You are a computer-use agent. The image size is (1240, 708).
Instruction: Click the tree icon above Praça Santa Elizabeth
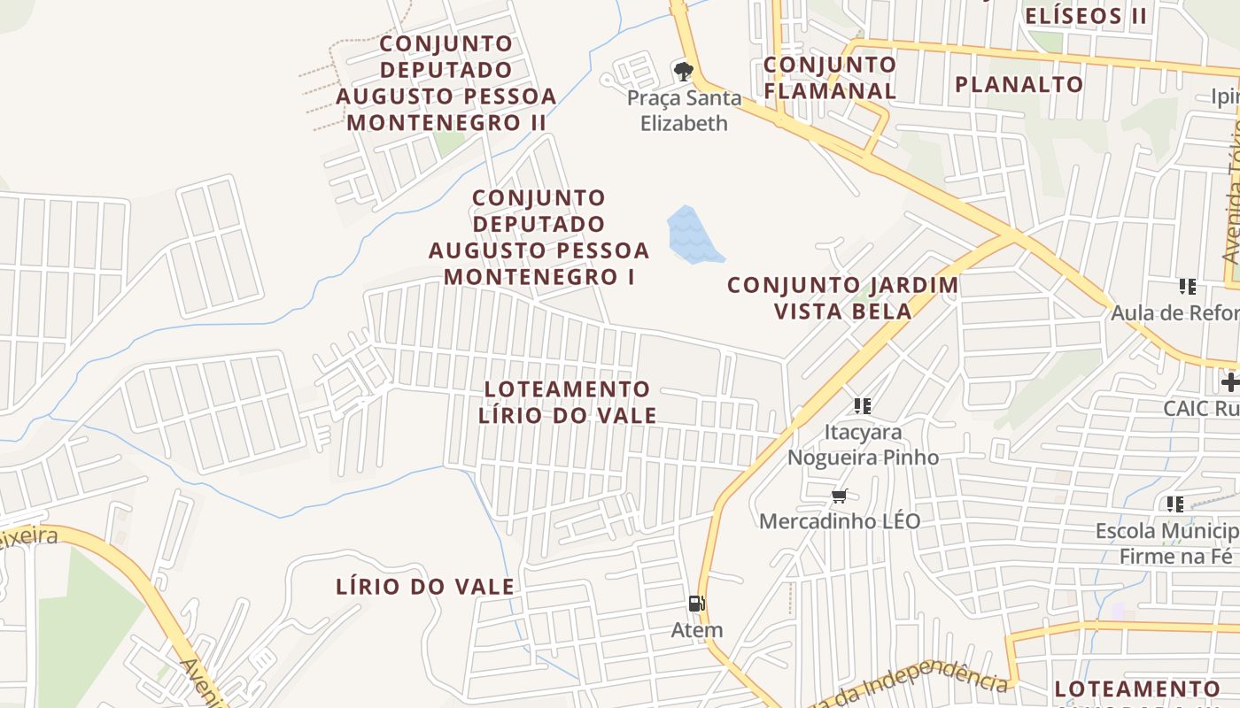(x=683, y=71)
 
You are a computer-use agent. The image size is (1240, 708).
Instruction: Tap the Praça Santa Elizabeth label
(x=684, y=111)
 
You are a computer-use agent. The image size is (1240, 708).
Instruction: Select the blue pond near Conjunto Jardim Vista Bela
(x=693, y=235)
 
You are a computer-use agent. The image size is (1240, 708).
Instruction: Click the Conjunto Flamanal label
(x=830, y=77)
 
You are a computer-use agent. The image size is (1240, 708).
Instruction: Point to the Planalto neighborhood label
(x=1019, y=84)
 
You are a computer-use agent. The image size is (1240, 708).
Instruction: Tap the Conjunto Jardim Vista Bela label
(x=842, y=298)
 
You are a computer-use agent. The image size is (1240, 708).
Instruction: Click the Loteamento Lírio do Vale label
(x=568, y=402)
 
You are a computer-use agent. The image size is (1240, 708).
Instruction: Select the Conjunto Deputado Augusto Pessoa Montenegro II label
(x=446, y=83)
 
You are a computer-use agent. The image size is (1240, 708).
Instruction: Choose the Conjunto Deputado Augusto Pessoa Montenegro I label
(x=539, y=237)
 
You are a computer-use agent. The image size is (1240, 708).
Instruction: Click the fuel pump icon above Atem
(x=697, y=604)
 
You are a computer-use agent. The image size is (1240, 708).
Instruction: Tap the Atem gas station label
(x=697, y=630)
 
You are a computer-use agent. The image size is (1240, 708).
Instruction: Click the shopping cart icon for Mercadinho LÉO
(x=839, y=496)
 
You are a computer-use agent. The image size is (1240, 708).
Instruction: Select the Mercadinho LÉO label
(x=840, y=521)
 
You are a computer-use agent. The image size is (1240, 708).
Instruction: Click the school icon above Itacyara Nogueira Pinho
(x=863, y=406)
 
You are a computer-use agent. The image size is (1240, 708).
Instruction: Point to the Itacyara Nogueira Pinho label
(x=863, y=445)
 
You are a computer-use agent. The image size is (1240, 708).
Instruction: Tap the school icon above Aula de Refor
(x=1187, y=286)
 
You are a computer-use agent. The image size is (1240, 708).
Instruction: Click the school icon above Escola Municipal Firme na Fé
(x=1175, y=504)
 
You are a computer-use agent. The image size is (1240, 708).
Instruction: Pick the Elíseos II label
(x=1086, y=15)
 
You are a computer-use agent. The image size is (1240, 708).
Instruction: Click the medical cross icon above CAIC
(x=1229, y=382)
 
